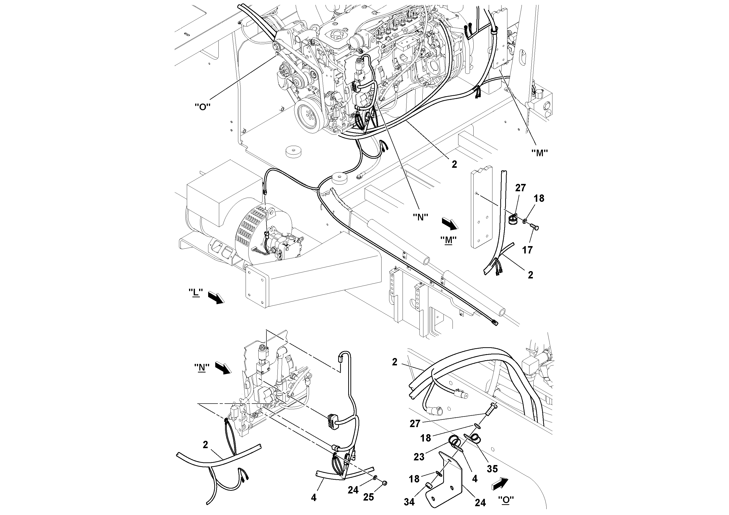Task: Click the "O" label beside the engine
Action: [x=203, y=107]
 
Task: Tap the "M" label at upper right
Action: [x=539, y=153]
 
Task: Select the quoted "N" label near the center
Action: [x=420, y=217]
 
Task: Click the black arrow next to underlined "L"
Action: [x=216, y=298]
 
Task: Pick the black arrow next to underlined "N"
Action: [x=224, y=368]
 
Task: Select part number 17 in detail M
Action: [x=527, y=250]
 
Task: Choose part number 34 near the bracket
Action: [x=409, y=502]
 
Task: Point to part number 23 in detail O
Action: [x=419, y=456]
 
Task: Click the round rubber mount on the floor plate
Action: [x=294, y=151]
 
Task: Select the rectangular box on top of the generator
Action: [x=219, y=191]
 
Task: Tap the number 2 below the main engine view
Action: [x=454, y=164]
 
